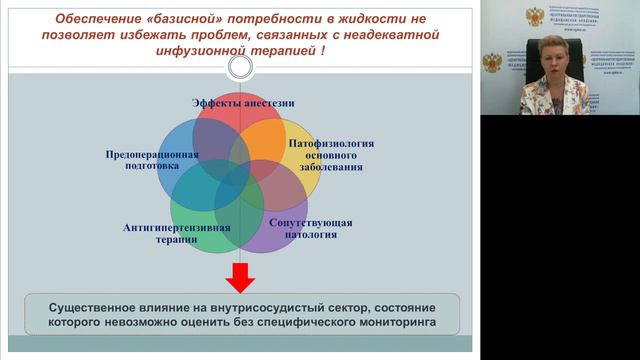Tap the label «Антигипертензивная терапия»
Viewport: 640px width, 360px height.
177,233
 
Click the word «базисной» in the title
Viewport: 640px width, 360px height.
177,17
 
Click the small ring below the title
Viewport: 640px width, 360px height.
240,69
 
